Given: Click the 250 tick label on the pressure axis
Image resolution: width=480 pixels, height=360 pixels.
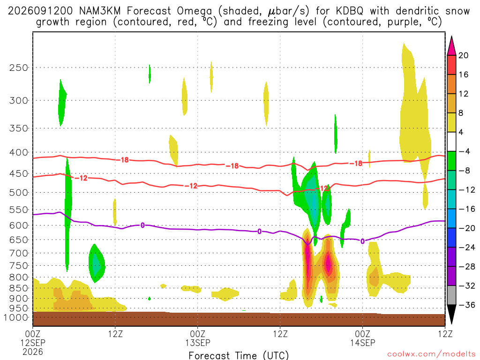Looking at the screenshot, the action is (19, 67).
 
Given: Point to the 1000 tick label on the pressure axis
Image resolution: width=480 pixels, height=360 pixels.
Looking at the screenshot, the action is (16, 318).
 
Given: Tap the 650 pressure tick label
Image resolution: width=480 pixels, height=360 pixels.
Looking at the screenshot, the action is (19, 240).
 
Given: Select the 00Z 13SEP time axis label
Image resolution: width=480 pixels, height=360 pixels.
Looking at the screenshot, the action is (197, 338).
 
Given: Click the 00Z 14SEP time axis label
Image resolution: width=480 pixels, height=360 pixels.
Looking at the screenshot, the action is (363, 338).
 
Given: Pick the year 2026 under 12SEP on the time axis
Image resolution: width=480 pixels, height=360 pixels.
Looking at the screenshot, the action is (33, 352).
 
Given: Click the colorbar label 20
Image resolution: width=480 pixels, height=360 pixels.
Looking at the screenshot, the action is (464, 55).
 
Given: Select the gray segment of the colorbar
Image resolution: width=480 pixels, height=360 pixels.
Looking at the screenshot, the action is (451, 295).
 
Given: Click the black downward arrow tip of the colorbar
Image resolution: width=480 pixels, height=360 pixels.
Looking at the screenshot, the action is (451, 324).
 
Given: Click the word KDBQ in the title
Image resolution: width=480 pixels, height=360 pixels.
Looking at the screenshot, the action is (349, 11).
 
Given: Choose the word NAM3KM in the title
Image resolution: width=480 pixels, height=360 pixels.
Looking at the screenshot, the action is (100, 11).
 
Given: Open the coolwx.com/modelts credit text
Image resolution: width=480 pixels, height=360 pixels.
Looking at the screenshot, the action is (431, 354).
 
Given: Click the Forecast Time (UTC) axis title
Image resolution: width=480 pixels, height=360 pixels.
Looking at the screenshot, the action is (239, 355).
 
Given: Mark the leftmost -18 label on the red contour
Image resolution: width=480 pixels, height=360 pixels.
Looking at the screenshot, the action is (123, 160).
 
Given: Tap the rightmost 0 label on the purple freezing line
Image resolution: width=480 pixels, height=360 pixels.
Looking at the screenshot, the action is (362, 241).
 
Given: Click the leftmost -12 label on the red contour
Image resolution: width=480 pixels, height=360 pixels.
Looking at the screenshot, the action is (82, 178).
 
